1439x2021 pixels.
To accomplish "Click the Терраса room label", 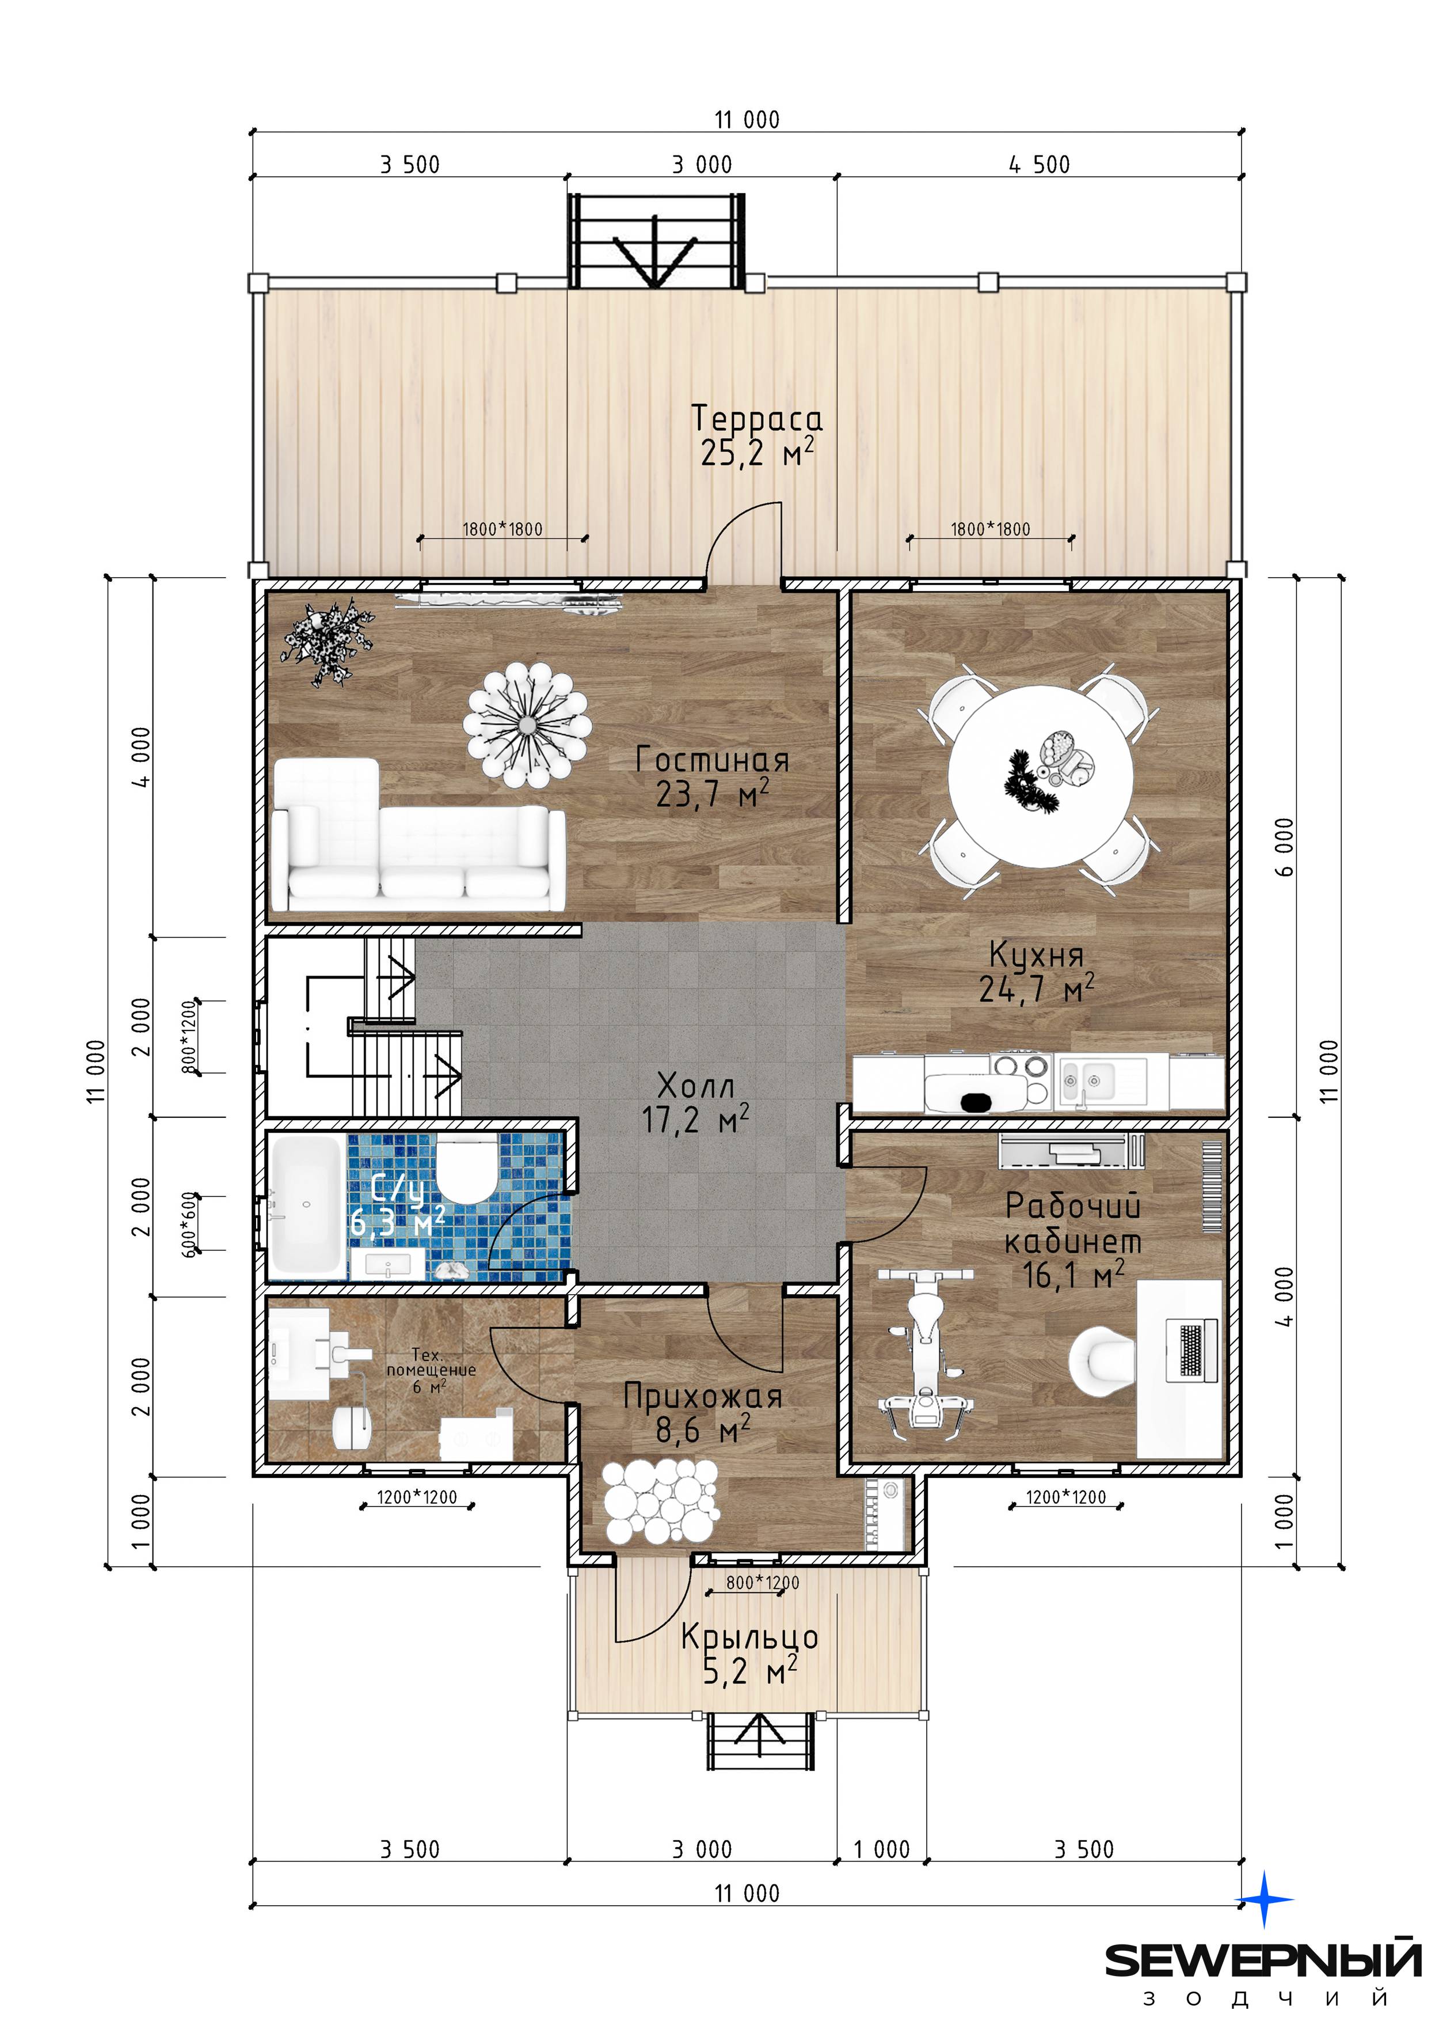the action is (x=757, y=418).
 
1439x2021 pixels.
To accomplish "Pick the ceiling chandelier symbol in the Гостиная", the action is (x=527, y=726).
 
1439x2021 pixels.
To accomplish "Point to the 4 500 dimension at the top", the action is (x=1040, y=164).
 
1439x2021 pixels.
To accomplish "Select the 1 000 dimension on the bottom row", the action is (x=882, y=1849).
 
